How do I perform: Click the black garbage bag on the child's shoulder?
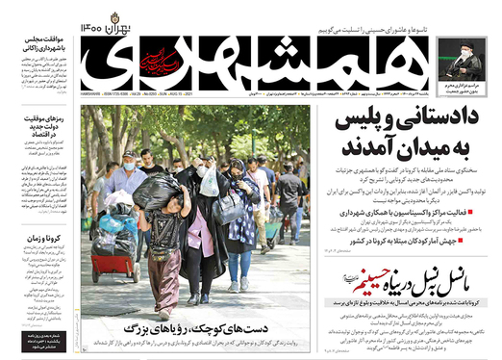pyautogui.click(x=158, y=192)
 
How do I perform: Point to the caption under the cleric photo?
pyautogui.click(x=464, y=92)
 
